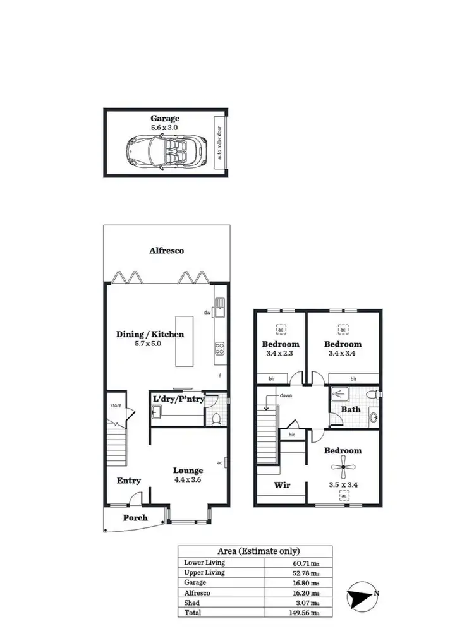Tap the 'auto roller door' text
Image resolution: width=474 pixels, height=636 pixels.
(x=220, y=143)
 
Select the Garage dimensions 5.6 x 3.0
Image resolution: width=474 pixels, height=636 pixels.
(x=164, y=127)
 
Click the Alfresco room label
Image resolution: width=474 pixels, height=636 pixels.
(x=167, y=251)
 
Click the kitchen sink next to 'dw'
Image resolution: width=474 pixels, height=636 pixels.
(x=219, y=309)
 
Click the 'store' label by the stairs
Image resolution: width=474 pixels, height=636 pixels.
(x=116, y=405)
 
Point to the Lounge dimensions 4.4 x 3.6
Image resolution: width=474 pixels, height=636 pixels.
(x=188, y=479)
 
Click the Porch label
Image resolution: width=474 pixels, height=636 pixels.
(x=135, y=518)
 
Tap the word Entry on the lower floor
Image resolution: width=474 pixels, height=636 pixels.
(x=129, y=481)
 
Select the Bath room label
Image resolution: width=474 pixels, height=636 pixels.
(x=351, y=409)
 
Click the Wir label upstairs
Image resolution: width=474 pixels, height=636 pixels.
(x=281, y=485)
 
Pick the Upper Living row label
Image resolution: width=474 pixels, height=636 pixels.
(x=204, y=572)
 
